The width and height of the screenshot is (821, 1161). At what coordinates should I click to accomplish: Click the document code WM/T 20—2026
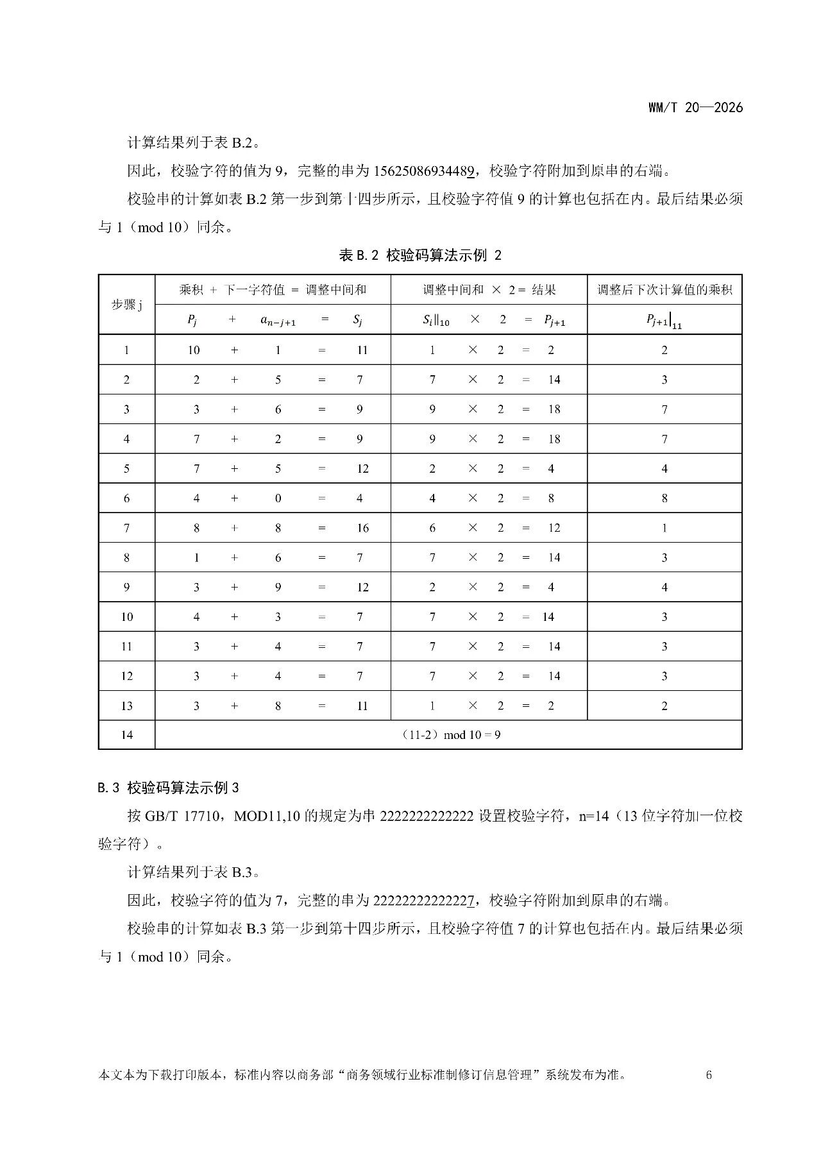pos(695,108)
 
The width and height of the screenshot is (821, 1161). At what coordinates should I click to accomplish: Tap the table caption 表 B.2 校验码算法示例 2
pos(420,255)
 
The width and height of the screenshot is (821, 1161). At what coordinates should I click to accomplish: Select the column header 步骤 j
pos(126,305)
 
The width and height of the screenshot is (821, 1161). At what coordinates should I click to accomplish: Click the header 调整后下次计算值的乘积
pos(664,290)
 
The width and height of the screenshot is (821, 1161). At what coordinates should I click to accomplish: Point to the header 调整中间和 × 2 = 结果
pos(489,290)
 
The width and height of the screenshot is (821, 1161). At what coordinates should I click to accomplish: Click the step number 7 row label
pos(126,528)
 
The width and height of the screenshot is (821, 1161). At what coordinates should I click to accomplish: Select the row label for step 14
pos(126,734)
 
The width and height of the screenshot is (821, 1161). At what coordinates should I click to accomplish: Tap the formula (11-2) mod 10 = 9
pos(454,734)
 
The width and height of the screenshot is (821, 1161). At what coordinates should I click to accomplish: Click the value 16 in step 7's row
pos(362,528)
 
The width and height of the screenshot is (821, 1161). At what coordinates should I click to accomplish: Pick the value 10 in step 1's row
pos(194,350)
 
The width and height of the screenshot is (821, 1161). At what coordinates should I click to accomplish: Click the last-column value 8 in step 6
pos(664,498)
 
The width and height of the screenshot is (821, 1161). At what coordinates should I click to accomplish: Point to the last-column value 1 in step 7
pos(664,528)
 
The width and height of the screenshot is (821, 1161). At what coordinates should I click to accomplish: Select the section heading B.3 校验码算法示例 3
pos(169,788)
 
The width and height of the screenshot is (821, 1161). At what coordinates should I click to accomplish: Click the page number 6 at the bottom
pos(709,1075)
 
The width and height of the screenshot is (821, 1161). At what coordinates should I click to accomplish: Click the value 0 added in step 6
pos(278,498)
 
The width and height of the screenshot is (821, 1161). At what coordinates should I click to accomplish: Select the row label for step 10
pos(126,617)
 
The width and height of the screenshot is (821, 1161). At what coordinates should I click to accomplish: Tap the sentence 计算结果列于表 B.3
pos(193,872)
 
